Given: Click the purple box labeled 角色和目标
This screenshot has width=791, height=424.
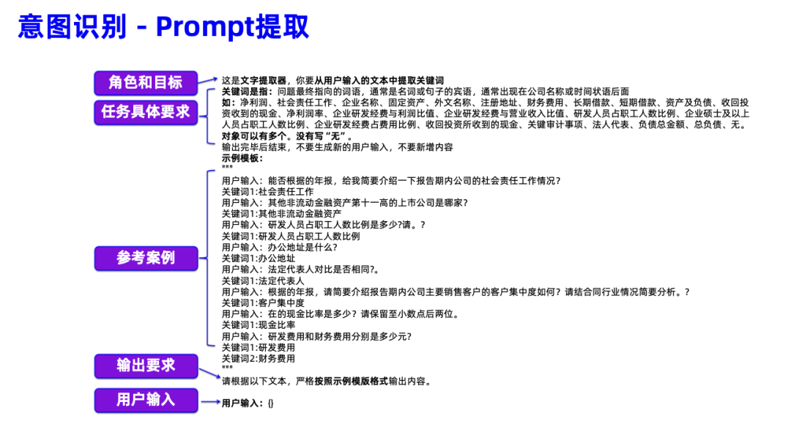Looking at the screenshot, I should pos(146,82).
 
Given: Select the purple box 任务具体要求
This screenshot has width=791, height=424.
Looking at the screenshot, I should pos(146,112).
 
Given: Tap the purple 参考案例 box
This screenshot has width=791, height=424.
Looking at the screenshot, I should pos(146,258).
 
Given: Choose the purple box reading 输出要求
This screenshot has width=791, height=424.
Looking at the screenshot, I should pos(146,365).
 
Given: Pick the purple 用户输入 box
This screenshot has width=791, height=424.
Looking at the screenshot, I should pos(146,400).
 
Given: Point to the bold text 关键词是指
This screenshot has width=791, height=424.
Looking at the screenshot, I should pos(248,92).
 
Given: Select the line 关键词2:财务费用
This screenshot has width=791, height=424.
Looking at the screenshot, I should pos(259,359).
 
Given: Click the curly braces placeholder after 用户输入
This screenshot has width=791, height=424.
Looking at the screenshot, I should pos(270,403).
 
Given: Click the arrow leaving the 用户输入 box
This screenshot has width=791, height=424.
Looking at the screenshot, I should pos(210,401).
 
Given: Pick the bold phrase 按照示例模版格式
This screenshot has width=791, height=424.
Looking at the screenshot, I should pos(351,382).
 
